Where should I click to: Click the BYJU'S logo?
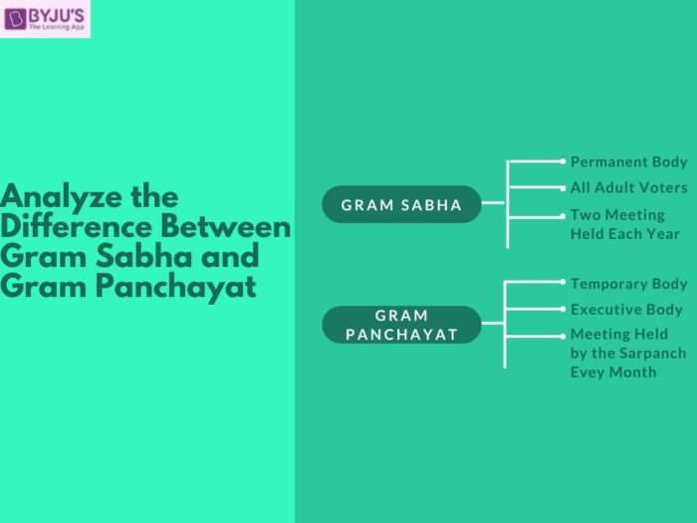(45, 19)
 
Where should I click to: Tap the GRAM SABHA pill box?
(401, 205)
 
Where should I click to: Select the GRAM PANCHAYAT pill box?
(401, 325)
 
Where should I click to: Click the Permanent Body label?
(628, 161)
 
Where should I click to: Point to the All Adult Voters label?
(628, 187)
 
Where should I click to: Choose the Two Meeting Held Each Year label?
(624, 224)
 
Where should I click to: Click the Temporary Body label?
(628, 284)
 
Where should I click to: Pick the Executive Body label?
(626, 310)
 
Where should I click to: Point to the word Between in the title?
(233, 226)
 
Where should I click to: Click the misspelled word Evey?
(588, 372)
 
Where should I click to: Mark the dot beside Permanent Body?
(563, 160)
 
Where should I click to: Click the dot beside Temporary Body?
(563, 283)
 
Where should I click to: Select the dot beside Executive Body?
(563, 310)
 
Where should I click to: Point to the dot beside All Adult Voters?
(563, 187)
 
